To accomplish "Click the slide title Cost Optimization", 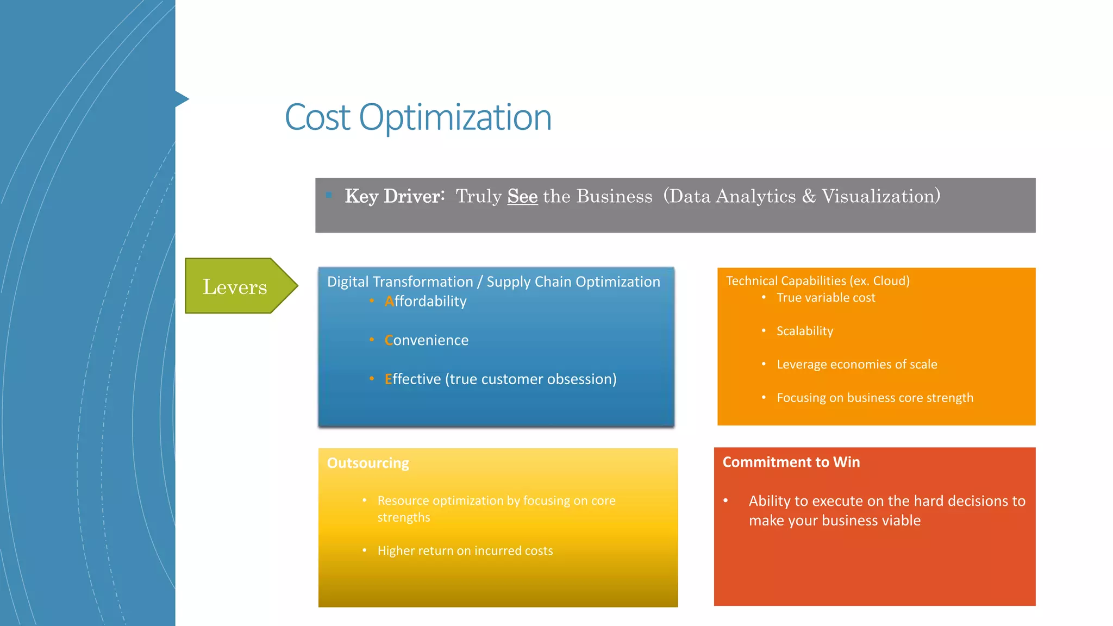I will tap(418, 117).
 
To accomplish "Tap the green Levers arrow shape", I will tap(237, 286).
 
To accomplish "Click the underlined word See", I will tap(522, 196).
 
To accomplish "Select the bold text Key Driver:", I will tap(395, 196).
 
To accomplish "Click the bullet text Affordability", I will tap(426, 301).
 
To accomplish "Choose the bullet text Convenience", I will tap(427, 340).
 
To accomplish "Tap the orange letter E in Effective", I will tap(388, 379).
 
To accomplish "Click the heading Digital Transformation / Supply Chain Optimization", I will tap(493, 281).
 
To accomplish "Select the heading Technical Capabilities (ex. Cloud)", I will tap(817, 281).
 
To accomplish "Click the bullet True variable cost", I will tap(826, 298).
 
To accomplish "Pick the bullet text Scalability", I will tap(804, 331).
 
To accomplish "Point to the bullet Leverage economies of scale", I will tap(856, 365).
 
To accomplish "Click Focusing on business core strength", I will tap(874, 398).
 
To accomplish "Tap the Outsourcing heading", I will tap(368, 463).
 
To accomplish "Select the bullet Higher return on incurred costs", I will tap(465, 551).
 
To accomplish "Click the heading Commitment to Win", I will tap(791, 462).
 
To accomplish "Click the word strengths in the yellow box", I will tap(404, 517).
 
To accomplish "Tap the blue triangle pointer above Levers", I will tap(182, 99).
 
